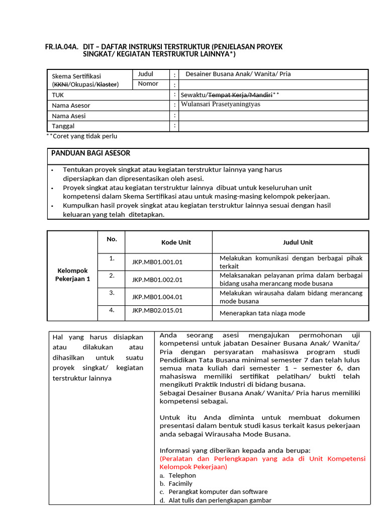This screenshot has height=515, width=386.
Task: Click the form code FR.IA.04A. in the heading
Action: coord(61,47)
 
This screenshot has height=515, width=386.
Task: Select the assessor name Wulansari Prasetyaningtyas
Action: coord(221,105)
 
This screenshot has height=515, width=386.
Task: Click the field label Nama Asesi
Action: coord(69,116)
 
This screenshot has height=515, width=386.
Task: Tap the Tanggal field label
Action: coord(64,126)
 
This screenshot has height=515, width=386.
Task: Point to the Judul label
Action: coord(146,74)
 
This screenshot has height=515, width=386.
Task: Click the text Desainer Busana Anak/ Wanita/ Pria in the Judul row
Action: coord(238,74)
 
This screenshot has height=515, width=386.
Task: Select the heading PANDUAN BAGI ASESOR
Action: coord(91,153)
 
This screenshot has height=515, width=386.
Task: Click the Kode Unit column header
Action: coord(176,242)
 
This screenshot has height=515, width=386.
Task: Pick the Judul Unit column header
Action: coord(298,242)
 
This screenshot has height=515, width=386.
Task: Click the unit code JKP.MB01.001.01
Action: coord(157,262)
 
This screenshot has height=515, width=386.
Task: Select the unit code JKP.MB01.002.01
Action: coord(157,280)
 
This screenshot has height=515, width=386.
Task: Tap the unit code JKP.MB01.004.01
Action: coord(157,297)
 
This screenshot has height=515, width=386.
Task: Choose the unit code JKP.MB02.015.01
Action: coord(157,310)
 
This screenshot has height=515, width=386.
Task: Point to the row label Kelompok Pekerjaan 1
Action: coord(72,275)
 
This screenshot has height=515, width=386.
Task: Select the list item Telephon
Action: coord(182,475)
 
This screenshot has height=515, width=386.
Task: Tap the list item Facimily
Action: coord(180,483)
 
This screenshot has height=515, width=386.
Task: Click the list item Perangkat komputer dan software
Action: coord(218,492)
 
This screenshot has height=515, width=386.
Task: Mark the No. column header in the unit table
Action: coord(112,239)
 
